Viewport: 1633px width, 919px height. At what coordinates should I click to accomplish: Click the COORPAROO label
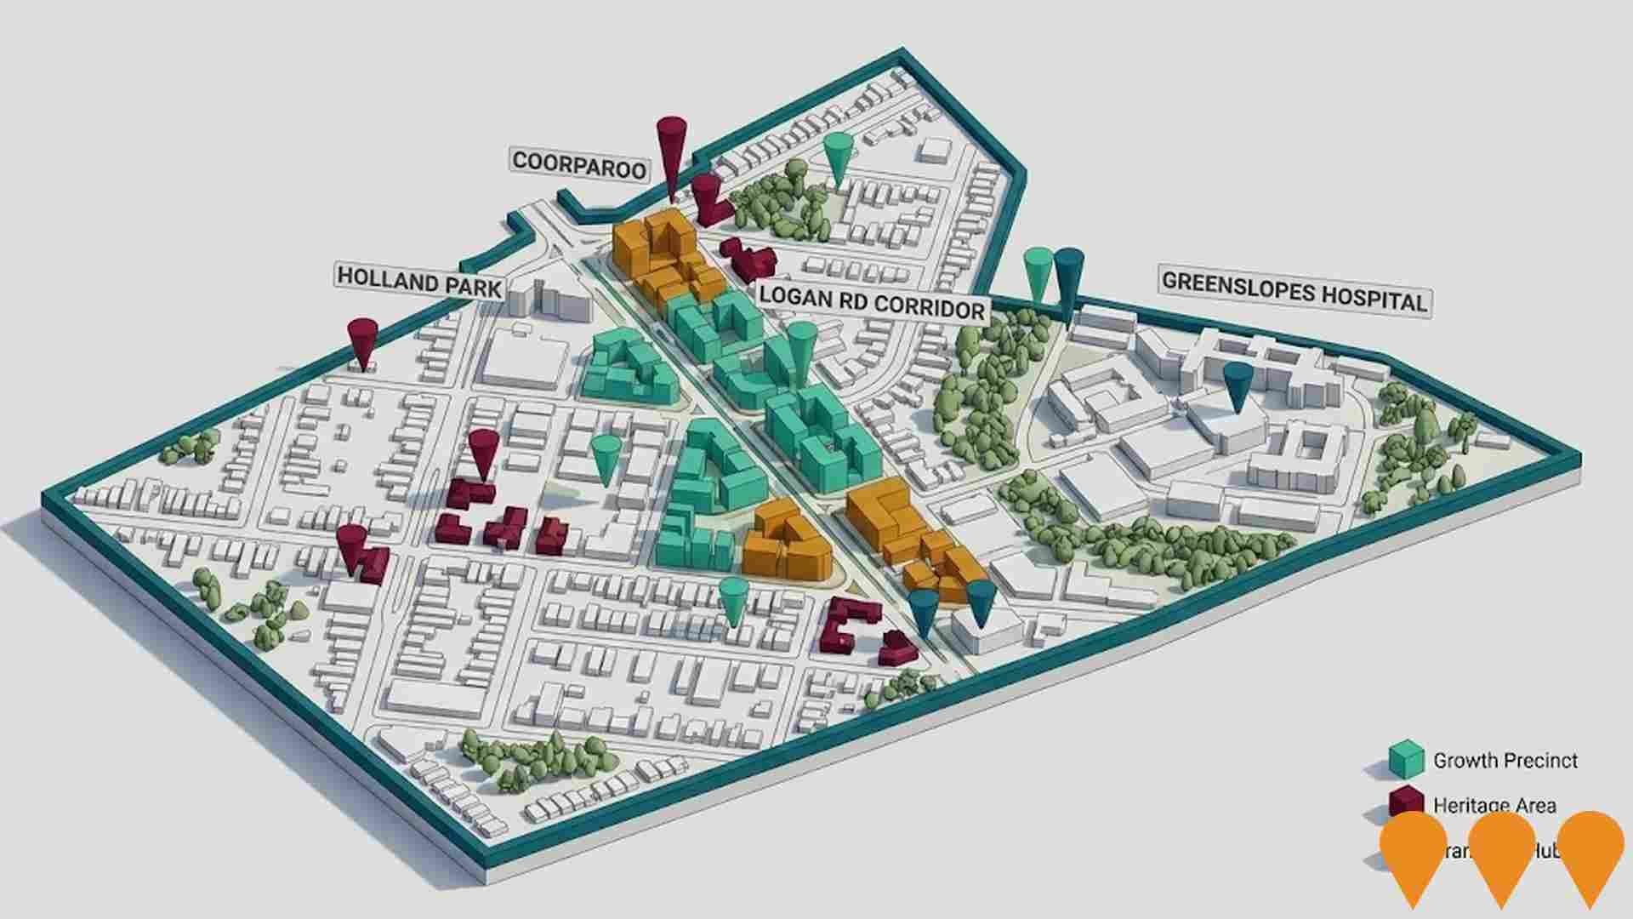[x=579, y=163]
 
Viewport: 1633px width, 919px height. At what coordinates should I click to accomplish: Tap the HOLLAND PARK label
[x=419, y=281]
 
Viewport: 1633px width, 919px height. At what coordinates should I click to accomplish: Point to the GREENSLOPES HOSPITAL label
[x=1293, y=291]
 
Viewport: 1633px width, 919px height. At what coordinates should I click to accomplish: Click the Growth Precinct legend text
[x=1505, y=760]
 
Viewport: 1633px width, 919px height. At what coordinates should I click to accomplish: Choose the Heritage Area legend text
[x=1494, y=805]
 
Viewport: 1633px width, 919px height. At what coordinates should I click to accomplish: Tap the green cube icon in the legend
[x=1406, y=759]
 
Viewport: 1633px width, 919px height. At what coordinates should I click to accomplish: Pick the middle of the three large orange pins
[x=1502, y=855]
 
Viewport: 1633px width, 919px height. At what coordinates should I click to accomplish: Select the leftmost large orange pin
[x=1414, y=855]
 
